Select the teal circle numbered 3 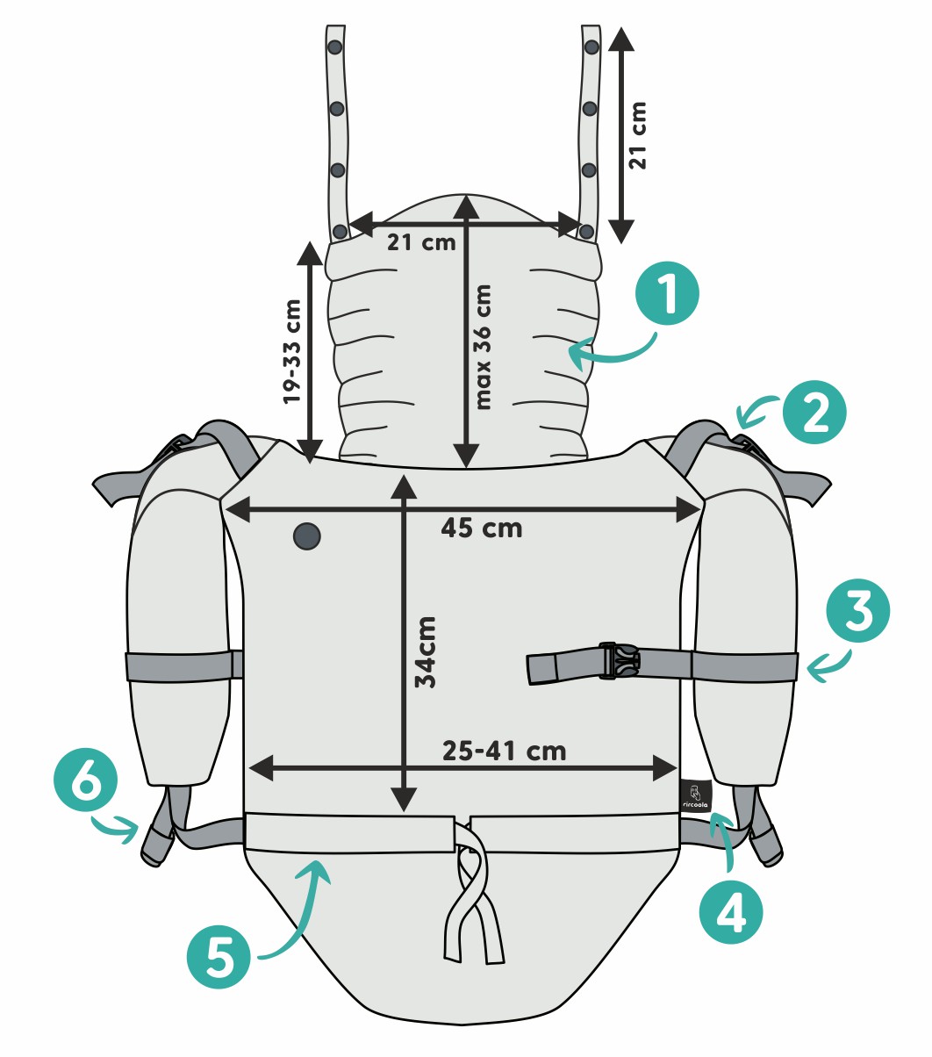tap(858, 612)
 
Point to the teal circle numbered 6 tap(84, 784)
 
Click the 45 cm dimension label tap(482, 528)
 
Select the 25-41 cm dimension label tap(504, 751)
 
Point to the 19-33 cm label tap(292, 351)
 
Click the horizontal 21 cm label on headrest tap(421, 241)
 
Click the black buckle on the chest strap tap(620, 661)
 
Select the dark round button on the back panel tap(306, 536)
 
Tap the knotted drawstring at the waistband tap(475, 895)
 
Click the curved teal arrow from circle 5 tap(298, 913)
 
